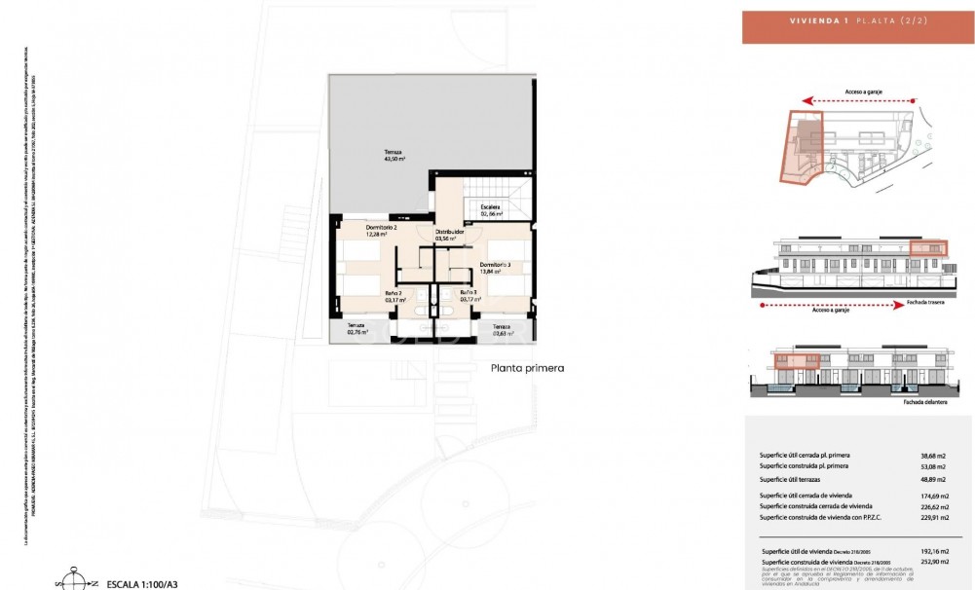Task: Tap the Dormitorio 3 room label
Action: (494, 264)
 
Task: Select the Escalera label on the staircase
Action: (491, 206)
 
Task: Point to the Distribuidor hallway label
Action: (449, 233)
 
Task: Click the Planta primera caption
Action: (528, 368)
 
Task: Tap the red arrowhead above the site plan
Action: (806, 99)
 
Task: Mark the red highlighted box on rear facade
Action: (927, 249)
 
